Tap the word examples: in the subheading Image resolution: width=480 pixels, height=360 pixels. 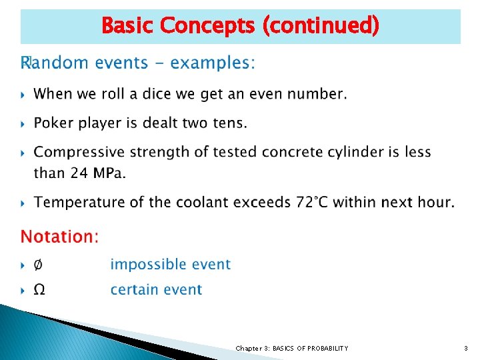point(213,63)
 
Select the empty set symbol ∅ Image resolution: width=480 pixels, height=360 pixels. point(39,265)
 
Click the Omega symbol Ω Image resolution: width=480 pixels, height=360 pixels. point(39,290)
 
